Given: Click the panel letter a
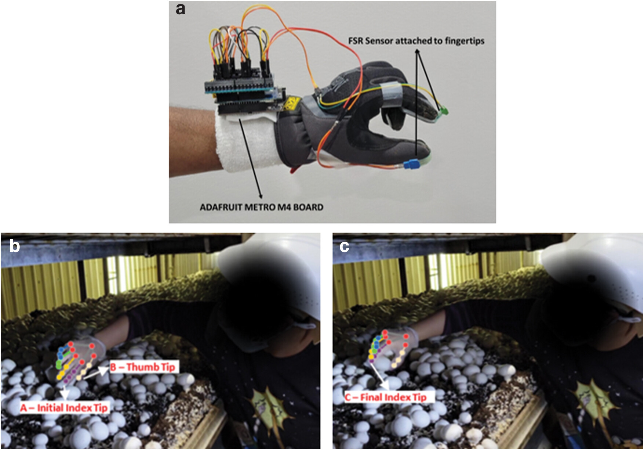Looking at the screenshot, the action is (180, 9).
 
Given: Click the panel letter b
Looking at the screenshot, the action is (15, 246).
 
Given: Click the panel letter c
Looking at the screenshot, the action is (344, 246).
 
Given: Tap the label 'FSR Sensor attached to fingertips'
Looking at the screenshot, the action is (416, 41).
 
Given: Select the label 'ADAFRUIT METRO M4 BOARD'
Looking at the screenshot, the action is (261, 207).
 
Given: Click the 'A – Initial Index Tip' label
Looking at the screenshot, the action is (64, 408).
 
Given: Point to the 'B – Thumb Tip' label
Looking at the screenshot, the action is (143, 367).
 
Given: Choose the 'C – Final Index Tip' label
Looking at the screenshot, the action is (386, 397).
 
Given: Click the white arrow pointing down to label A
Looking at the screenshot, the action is (65, 392).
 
